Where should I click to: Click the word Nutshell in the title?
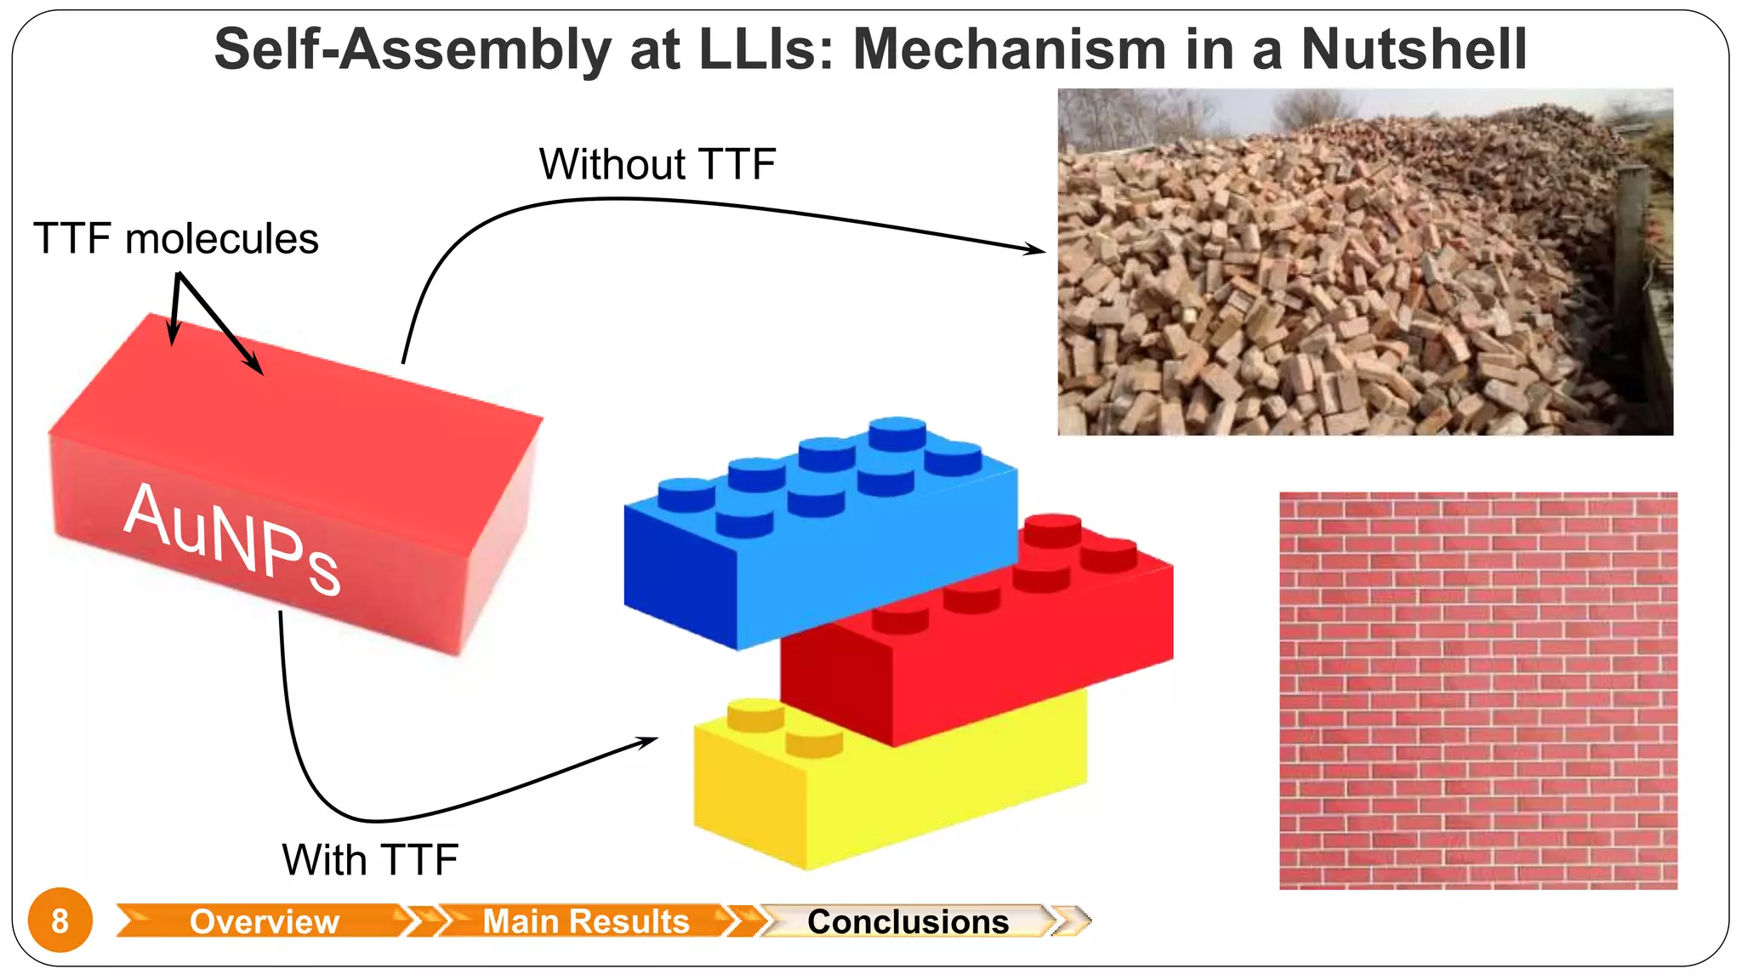[x=1414, y=49]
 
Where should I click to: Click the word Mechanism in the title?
[x=1009, y=49]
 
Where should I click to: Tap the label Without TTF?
[x=658, y=164]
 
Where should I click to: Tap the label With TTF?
[x=370, y=860]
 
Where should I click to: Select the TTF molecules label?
[x=176, y=239]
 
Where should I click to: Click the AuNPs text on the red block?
[x=232, y=538]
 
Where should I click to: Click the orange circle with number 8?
[x=60, y=920]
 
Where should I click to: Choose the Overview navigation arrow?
[x=264, y=921]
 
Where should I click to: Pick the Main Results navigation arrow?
[x=585, y=921]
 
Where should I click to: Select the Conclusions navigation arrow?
[x=908, y=921]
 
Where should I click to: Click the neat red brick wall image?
[x=1478, y=691]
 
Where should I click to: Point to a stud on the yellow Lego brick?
[x=755, y=713]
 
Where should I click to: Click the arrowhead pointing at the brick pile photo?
[x=1036, y=249]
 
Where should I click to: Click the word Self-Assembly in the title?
[x=412, y=49]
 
